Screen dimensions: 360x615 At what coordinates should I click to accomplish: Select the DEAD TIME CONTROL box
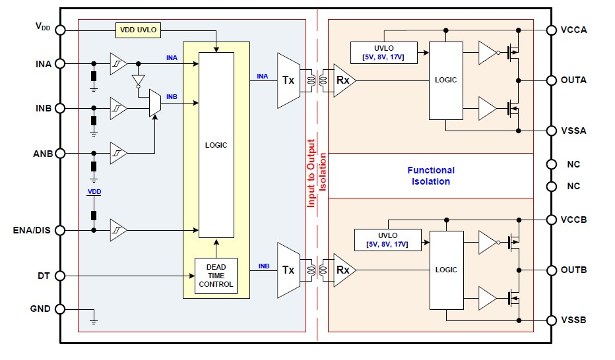click(216, 276)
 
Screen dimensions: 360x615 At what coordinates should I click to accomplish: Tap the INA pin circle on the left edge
click(60, 64)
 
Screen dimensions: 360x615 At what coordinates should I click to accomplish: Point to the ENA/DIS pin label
click(31, 230)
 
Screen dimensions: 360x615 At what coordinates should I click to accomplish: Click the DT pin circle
click(60, 276)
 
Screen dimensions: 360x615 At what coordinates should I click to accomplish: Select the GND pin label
click(40, 309)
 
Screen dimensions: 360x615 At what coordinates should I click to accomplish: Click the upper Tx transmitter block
click(288, 80)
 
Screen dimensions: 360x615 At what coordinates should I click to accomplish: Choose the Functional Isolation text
click(430, 175)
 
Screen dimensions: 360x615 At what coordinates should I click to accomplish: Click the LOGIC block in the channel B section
click(447, 270)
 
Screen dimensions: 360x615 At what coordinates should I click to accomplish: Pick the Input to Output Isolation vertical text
click(317, 173)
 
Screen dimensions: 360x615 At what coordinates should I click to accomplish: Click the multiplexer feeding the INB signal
click(154, 103)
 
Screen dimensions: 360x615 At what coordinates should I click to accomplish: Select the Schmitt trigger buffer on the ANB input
click(119, 153)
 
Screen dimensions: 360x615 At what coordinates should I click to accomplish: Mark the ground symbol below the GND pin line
click(93, 321)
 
